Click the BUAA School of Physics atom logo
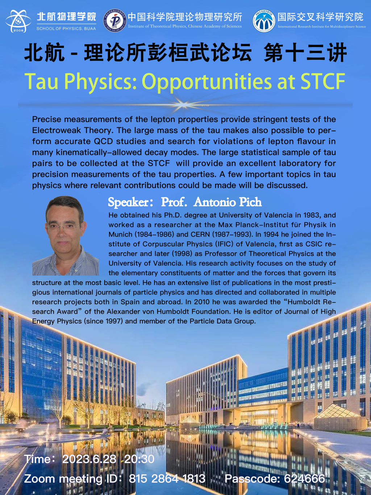[18, 21]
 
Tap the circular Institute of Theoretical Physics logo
[115, 21]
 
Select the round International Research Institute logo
[264, 21]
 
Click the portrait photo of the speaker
[66, 236]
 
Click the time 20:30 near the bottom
[139, 459]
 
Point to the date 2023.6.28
[89, 459]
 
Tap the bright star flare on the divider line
[183, 104]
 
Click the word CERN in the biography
[200, 235]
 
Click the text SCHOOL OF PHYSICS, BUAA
[66, 29]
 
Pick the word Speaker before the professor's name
[128, 202]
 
